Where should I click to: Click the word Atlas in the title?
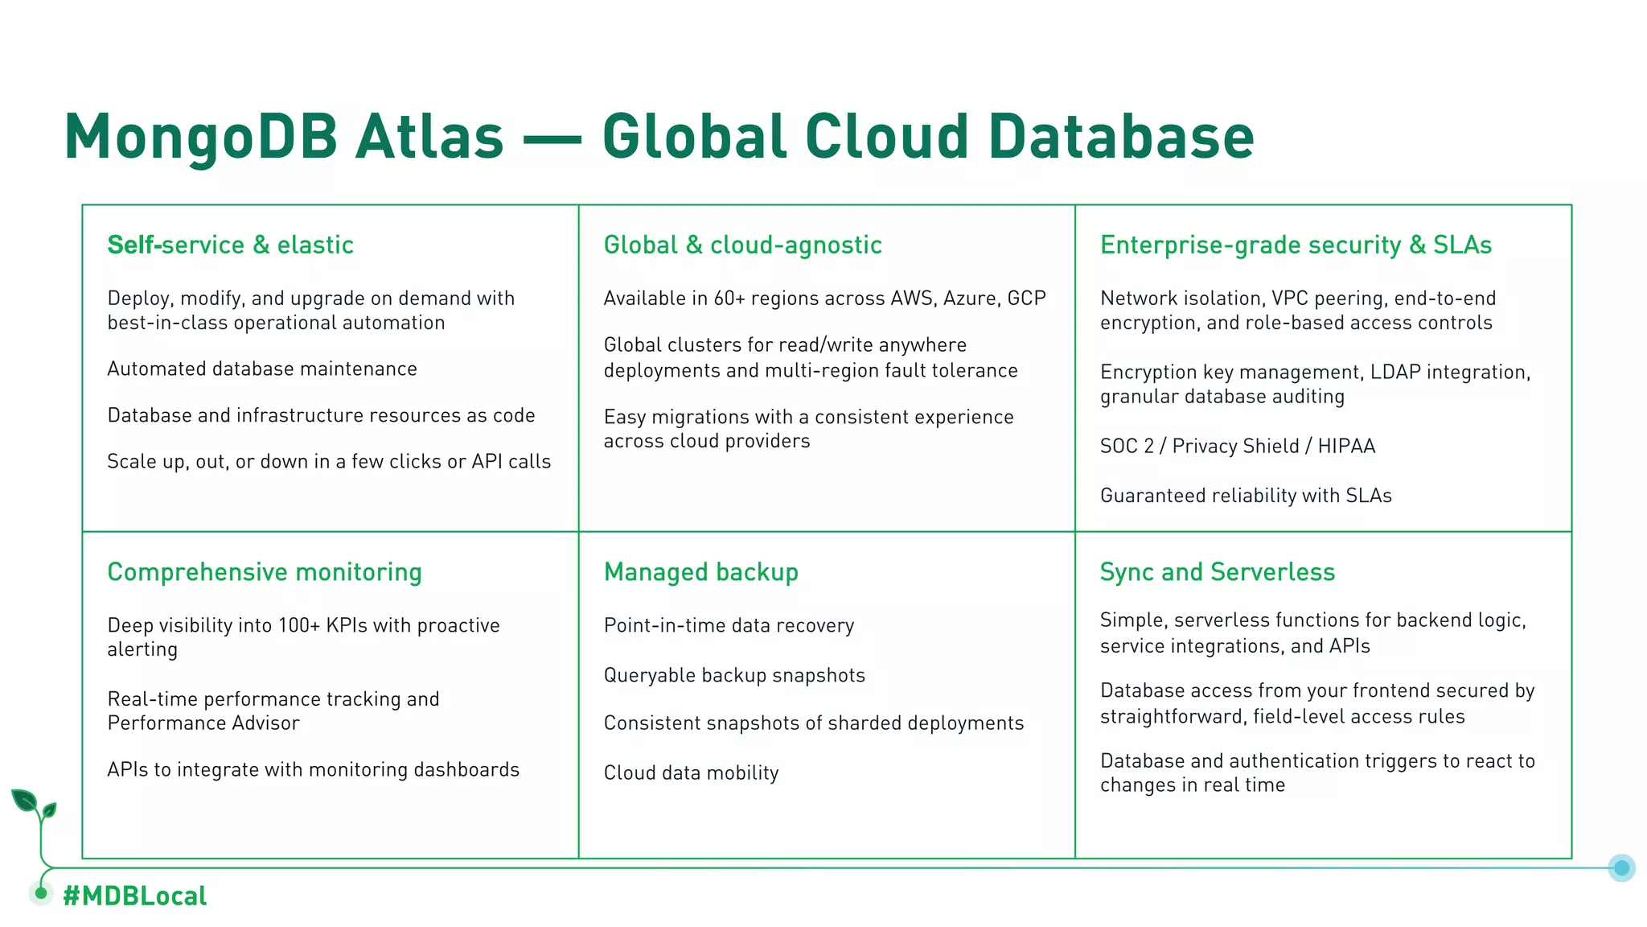(429, 136)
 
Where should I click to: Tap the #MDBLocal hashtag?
(135, 896)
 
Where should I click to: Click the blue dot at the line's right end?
(1621, 867)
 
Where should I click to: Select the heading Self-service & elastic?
(231, 245)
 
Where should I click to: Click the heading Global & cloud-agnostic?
(742, 245)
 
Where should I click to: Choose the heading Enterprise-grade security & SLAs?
(1296, 245)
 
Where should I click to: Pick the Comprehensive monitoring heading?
(265, 572)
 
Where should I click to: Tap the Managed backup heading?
(700, 572)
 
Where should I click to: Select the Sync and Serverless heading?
(1217, 572)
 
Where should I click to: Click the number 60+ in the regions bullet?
(729, 299)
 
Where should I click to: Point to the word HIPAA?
(1346, 446)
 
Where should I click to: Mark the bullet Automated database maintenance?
(262, 369)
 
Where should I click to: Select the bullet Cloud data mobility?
(691, 772)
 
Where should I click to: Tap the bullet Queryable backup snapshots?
(734, 675)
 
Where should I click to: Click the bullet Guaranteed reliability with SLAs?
(1246, 496)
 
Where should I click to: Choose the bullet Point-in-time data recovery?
(729, 625)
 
